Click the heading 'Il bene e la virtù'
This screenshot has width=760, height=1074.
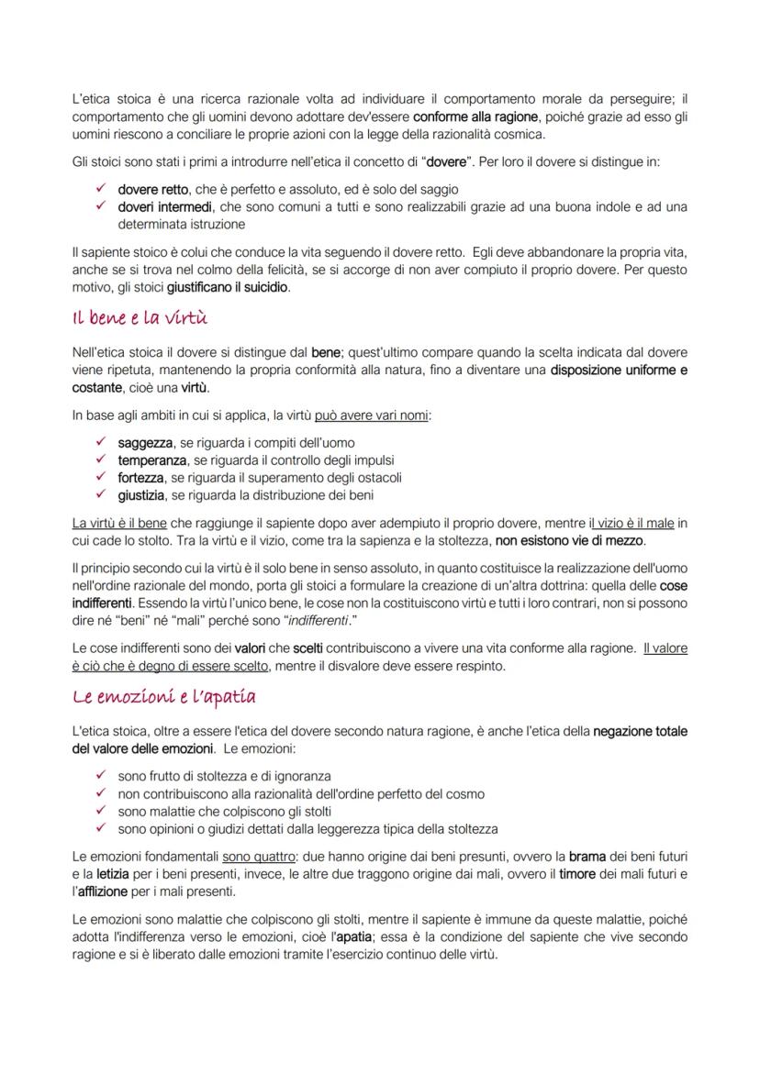[140, 318]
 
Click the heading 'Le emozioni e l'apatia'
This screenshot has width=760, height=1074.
[164, 697]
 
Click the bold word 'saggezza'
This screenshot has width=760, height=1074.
[145, 443]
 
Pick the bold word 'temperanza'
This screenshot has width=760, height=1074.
[152, 460]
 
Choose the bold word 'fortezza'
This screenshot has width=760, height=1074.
[140, 478]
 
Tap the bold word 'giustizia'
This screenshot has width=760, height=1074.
[141, 495]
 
